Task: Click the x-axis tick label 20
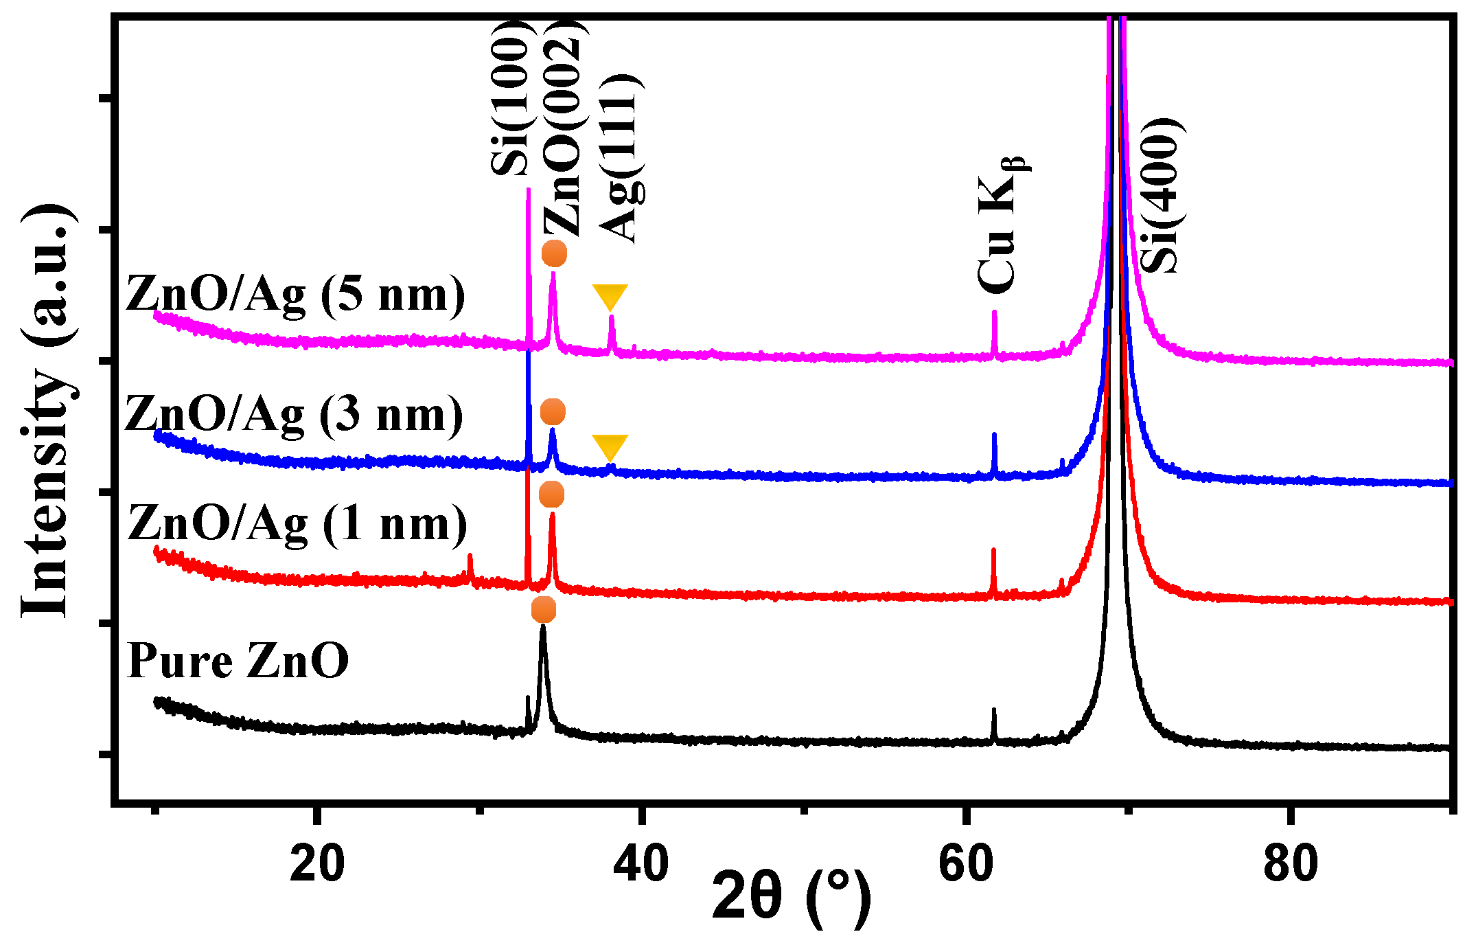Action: [x=316, y=865]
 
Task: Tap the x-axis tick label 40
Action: [x=641, y=865]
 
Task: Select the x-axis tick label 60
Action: [x=965, y=865]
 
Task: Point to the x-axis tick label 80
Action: [x=1290, y=865]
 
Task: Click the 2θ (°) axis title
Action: [x=791, y=897]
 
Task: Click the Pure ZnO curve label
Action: [x=238, y=661]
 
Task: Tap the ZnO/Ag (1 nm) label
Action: [x=297, y=524]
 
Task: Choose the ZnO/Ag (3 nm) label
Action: [x=294, y=415]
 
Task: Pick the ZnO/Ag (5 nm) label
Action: [x=295, y=295]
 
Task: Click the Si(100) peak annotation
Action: [x=511, y=96]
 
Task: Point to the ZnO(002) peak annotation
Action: [x=564, y=127]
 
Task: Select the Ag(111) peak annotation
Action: [x=621, y=158]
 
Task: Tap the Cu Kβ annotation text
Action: [x=1000, y=223]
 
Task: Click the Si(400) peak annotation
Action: [x=1162, y=196]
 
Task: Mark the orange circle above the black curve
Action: [x=543, y=610]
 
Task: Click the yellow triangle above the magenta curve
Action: [x=610, y=296]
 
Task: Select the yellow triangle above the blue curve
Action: [x=610, y=446]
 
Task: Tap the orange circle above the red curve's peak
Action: [x=551, y=495]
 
